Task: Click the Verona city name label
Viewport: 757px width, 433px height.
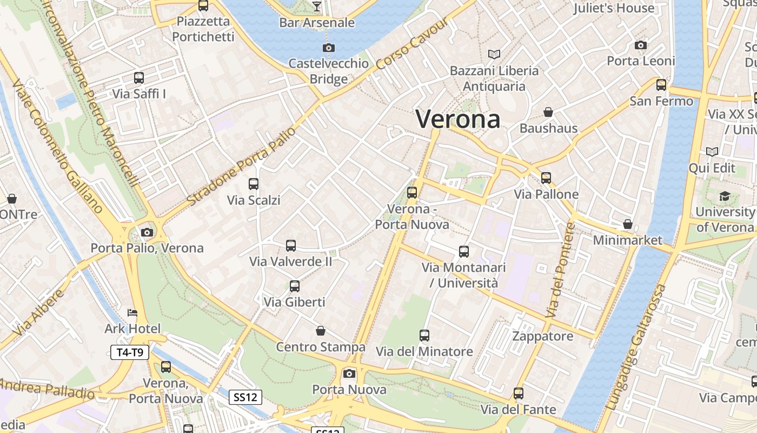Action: coord(458,119)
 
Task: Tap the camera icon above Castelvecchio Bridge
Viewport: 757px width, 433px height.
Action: coord(328,48)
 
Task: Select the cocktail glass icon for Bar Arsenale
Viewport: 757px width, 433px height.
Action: coord(317,6)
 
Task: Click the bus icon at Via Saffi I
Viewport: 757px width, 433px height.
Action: coord(139,78)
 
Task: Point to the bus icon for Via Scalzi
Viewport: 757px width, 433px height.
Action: coord(254,184)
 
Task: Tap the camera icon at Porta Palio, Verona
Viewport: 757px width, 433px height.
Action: coord(147,233)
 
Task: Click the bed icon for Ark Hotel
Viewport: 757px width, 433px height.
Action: coord(132,313)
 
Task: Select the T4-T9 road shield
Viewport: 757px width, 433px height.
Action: coord(129,353)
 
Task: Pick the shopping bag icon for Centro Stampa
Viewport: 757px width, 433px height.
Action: coord(321,331)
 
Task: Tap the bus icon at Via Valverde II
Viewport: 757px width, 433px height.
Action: coord(291,246)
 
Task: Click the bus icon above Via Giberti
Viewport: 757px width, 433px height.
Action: coord(295,286)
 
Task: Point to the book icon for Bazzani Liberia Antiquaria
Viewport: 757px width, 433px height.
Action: coord(494,54)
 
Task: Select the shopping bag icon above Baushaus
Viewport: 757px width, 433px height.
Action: coord(548,112)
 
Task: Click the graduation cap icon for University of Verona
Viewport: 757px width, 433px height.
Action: coord(725,196)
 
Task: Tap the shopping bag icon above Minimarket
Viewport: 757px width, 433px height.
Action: coord(628,224)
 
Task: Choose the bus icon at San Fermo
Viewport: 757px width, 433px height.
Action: coord(661,85)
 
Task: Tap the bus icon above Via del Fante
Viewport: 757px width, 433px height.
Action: coord(519,393)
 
